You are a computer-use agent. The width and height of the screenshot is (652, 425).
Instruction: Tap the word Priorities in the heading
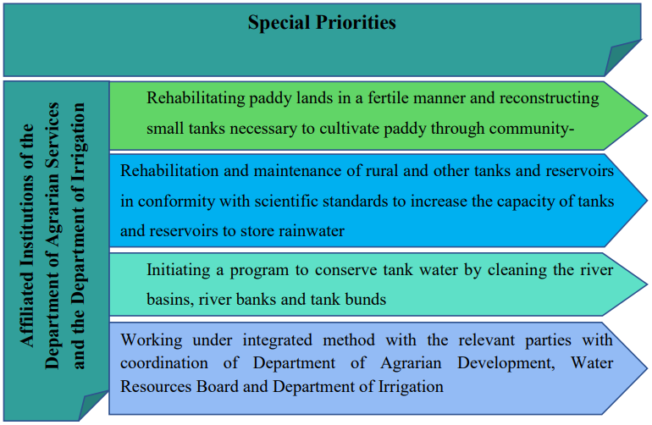coord(356,22)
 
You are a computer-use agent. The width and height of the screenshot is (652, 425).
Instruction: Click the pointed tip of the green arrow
coord(647,116)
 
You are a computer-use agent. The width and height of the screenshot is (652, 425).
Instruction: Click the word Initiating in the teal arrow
coord(179,270)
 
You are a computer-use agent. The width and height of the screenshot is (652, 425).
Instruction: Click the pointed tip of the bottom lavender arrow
coord(647,368)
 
